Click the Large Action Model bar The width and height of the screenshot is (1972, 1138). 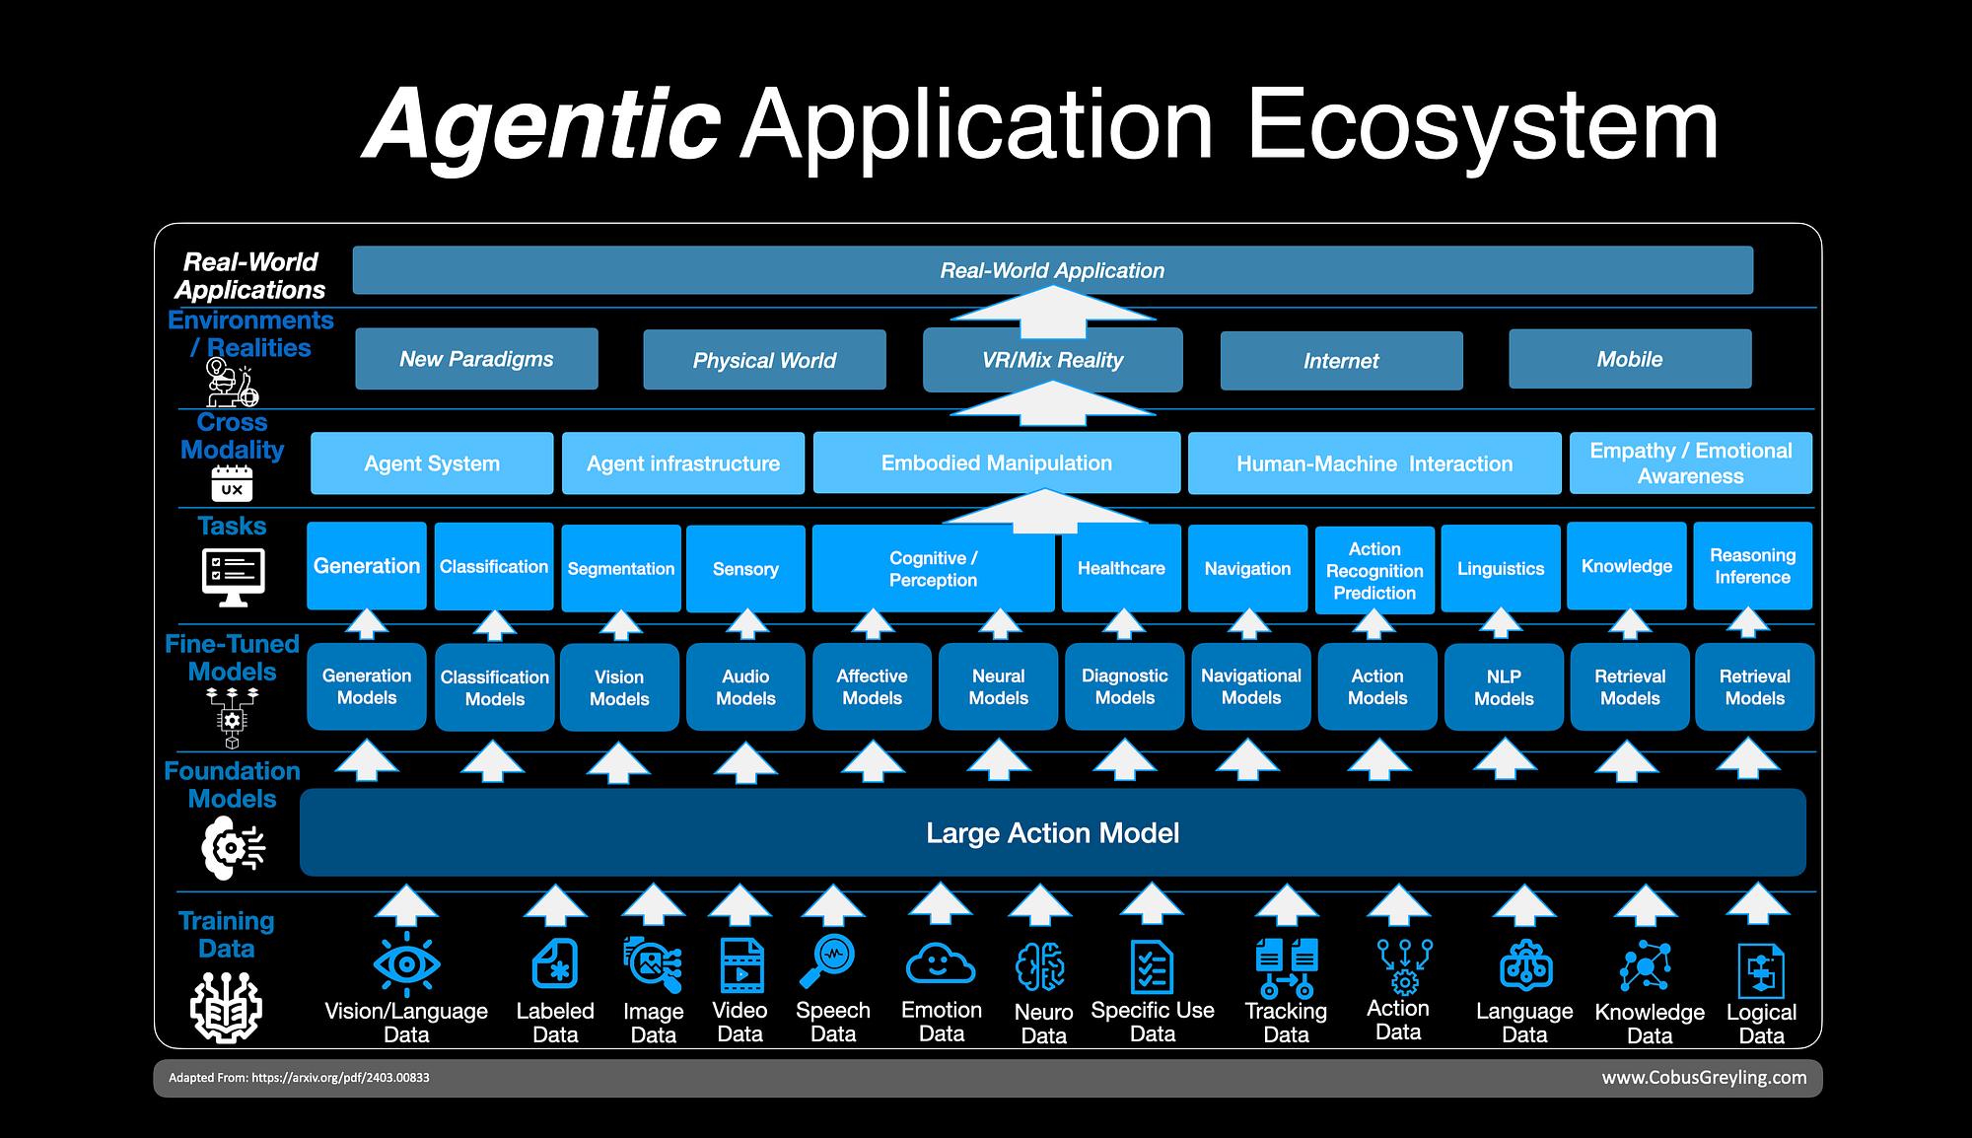[1052, 832]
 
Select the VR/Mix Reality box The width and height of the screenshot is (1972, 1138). [1052, 360]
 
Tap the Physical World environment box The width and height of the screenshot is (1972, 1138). [764, 360]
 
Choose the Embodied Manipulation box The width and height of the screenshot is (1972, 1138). [996, 462]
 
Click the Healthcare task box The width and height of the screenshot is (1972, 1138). [1121, 568]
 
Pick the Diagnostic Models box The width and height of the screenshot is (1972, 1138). [1124, 686]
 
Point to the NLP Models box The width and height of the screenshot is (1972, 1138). [1504, 686]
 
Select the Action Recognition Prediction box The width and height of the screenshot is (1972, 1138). [1374, 570]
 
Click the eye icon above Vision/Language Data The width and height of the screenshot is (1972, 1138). [406, 962]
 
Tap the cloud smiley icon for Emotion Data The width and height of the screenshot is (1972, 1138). [940, 963]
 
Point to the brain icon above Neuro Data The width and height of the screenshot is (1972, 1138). [1041, 965]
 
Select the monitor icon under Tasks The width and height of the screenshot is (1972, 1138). [233, 576]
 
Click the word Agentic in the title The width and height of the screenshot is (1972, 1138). [543, 125]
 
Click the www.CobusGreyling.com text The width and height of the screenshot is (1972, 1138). [1704, 1077]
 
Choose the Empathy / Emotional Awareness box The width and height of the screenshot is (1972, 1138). [1690, 462]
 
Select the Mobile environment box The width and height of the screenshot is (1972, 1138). [1630, 359]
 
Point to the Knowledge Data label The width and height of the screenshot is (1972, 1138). [1650, 1024]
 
